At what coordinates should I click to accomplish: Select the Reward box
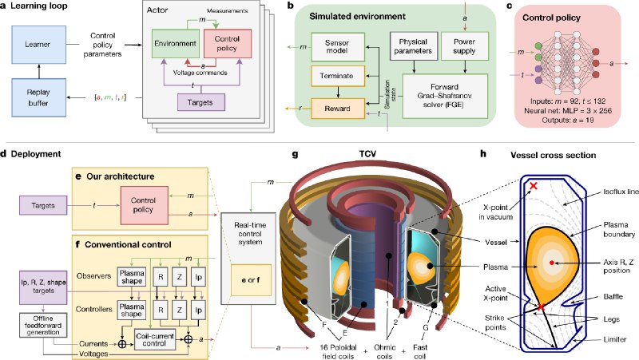pos(329,106)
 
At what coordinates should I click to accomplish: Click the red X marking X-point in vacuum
pos(533,186)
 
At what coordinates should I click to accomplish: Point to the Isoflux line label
pos(602,191)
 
